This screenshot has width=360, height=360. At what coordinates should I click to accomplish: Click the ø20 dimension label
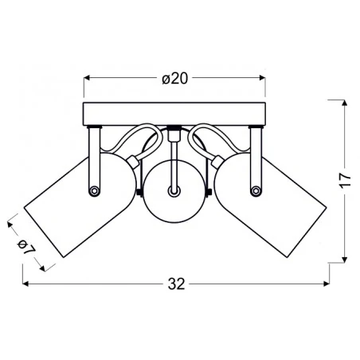coord(175,79)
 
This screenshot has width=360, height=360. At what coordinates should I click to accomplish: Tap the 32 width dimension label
coord(176,284)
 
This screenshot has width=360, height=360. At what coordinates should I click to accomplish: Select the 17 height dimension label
coord(345,181)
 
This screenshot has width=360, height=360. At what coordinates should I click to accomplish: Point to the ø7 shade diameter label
coord(25,247)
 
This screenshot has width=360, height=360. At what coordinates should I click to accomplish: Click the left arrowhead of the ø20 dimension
coord(87,78)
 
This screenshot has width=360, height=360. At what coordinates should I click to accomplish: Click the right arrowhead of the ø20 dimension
coord(262,78)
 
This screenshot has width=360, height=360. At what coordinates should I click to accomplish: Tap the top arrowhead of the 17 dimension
coord(344,103)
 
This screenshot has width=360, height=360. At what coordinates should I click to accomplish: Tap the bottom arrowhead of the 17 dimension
coord(344,260)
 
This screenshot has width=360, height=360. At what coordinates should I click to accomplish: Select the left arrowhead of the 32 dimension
coord(25,284)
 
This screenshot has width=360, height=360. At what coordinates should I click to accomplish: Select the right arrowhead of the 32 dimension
coord(326,284)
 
